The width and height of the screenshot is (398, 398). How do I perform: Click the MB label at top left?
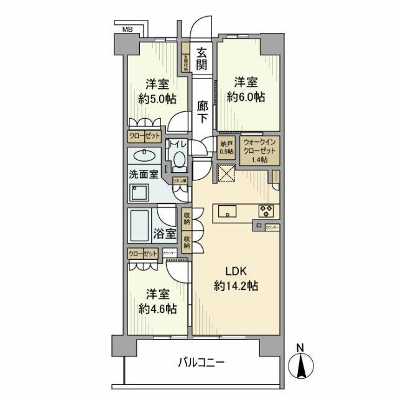point(127,29)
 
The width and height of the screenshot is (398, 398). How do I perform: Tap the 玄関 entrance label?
point(201,60)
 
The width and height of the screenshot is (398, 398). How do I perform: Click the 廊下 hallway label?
point(202,113)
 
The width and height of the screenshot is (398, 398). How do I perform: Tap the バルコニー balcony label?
point(203,362)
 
